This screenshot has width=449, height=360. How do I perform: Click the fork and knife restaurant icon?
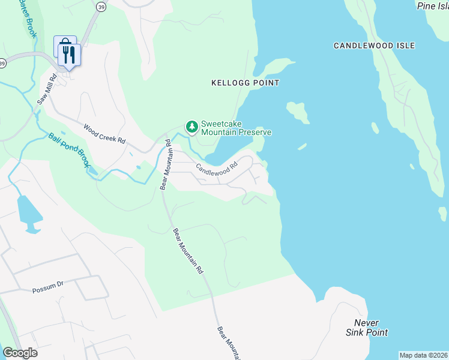(71, 55)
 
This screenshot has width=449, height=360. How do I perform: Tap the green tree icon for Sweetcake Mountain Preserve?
(192, 127)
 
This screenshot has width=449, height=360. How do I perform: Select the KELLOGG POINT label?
(245, 83)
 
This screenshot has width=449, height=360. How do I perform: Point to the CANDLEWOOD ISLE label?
(374, 46)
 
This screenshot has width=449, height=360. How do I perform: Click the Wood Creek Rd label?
(104, 133)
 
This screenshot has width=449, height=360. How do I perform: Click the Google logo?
(20, 353)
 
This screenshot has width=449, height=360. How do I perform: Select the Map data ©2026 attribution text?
(423, 355)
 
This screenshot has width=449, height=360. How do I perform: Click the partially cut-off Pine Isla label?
(432, 5)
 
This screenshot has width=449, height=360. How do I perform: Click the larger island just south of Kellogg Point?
(297, 112)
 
